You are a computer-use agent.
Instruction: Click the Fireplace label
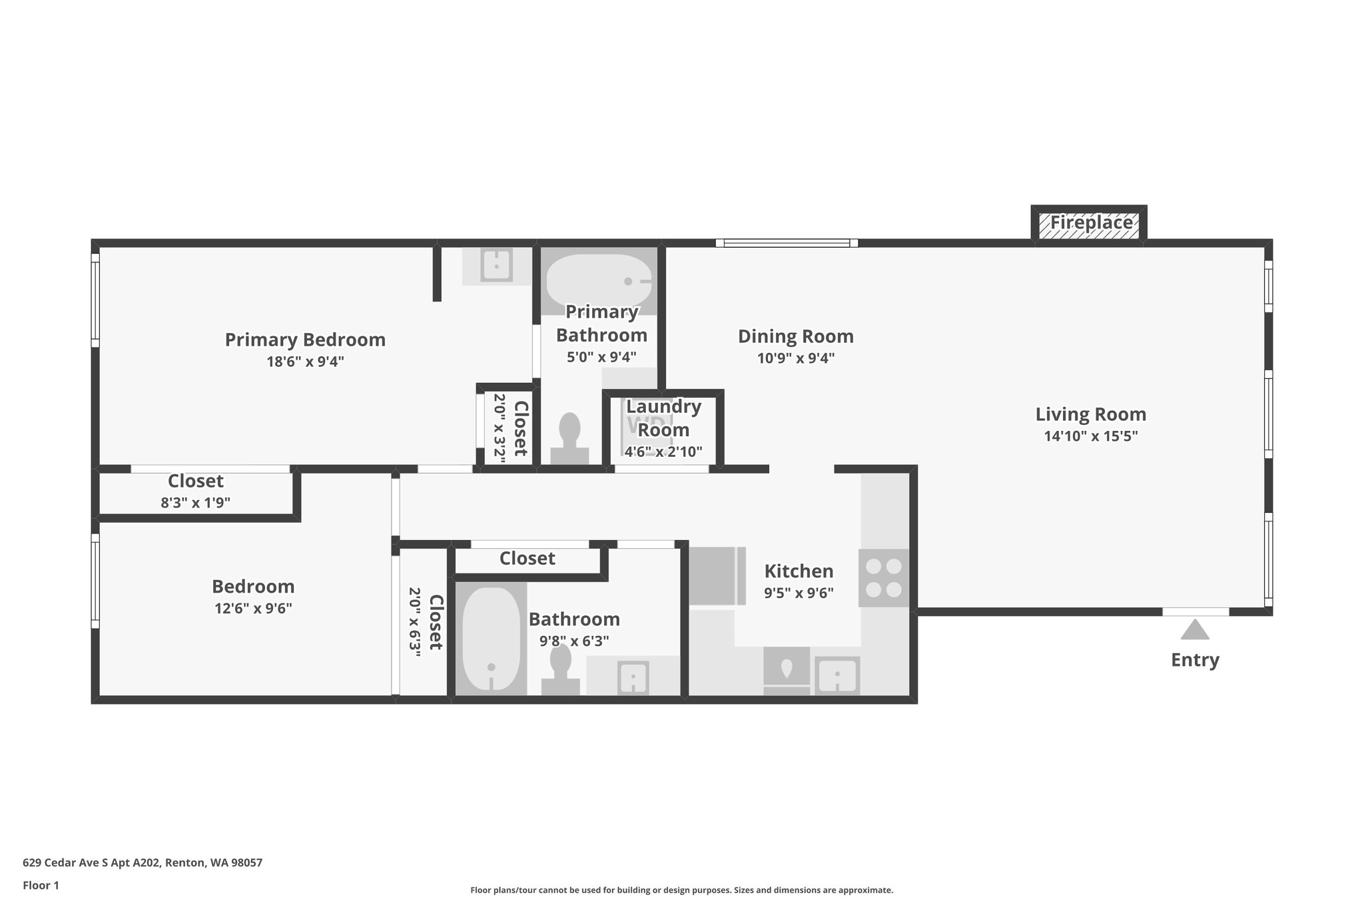click(1091, 222)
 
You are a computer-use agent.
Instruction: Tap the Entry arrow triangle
click(1195, 630)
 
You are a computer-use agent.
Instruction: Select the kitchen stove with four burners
click(883, 577)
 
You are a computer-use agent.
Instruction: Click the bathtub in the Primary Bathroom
click(598, 280)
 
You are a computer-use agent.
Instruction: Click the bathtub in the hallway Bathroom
click(491, 639)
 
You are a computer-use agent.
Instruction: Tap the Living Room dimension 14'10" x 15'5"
click(1090, 437)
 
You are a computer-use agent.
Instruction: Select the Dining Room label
click(795, 336)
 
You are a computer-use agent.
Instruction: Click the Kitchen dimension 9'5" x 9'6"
click(799, 593)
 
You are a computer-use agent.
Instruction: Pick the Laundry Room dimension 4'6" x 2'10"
click(663, 452)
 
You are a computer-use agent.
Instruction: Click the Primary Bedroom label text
click(305, 340)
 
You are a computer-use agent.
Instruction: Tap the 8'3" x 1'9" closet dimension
click(195, 503)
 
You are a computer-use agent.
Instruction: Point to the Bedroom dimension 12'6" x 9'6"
click(253, 608)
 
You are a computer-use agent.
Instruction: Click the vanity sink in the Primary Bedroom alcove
click(496, 265)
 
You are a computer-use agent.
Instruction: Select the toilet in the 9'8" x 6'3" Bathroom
click(561, 669)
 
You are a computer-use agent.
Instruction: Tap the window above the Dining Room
click(787, 243)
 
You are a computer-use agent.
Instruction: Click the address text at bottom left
click(143, 863)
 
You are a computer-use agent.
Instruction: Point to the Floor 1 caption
click(41, 886)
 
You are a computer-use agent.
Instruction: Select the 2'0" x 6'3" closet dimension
click(414, 622)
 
